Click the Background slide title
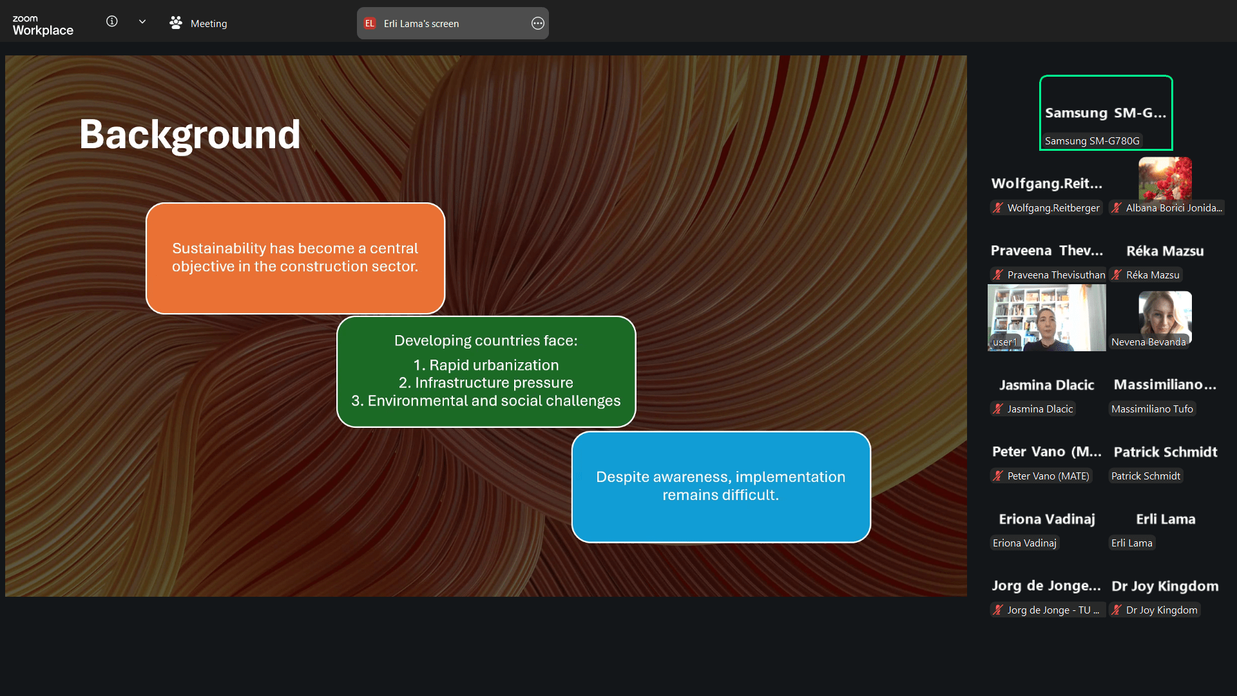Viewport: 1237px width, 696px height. (190, 135)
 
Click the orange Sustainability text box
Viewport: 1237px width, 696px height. (296, 258)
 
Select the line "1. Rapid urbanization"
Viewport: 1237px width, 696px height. (486, 365)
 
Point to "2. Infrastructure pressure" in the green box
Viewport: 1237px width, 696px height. (486, 383)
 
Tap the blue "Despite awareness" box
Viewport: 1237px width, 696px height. (721, 487)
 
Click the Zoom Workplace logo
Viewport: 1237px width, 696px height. (43, 25)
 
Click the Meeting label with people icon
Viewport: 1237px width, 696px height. (198, 23)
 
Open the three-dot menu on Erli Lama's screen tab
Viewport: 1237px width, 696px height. (538, 23)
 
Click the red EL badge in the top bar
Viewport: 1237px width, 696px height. (370, 23)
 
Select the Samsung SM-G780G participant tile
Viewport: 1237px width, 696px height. (1106, 113)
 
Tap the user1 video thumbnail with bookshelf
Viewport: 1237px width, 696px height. (1047, 318)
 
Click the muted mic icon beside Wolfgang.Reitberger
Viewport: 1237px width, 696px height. (998, 208)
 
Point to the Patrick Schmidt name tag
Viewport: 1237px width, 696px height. (1146, 476)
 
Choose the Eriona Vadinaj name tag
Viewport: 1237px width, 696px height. (1024, 543)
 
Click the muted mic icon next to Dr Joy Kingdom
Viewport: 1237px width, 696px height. (1117, 610)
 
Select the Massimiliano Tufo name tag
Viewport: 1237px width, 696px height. (1152, 409)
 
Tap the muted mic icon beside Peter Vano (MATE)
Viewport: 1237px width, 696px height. (998, 476)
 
